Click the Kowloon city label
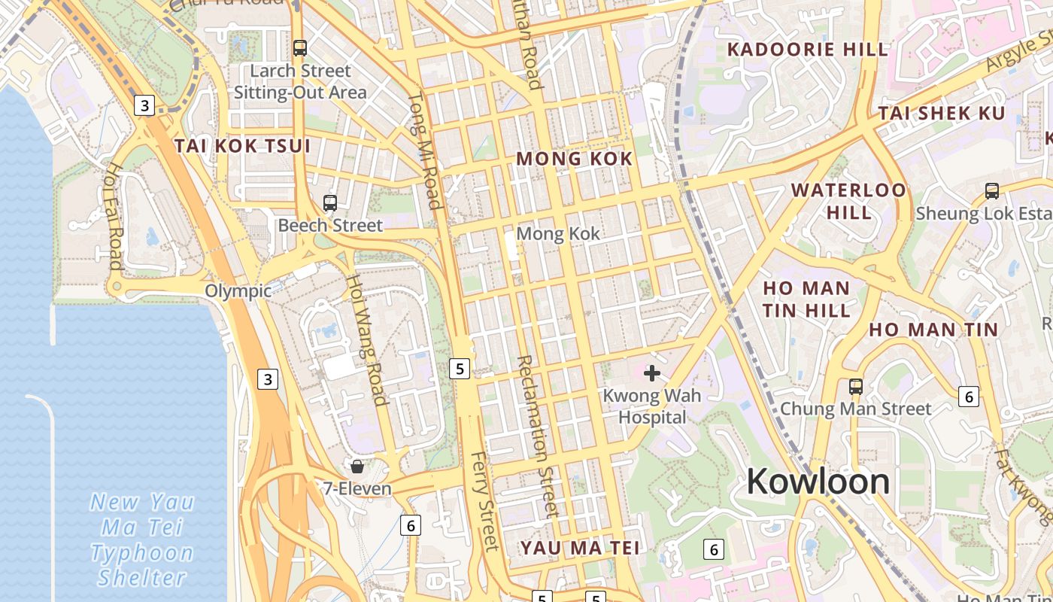[818, 482]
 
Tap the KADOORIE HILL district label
[808, 50]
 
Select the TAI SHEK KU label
[942, 114]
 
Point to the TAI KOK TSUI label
[242, 146]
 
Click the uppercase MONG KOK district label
[575, 159]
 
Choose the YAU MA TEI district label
[580, 547]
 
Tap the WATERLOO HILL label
[849, 201]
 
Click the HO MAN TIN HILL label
[806, 299]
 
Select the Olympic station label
[238, 291]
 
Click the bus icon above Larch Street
[300, 48]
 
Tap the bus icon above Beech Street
[329, 202]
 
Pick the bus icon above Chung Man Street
[855, 387]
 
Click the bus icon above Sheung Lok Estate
[991, 191]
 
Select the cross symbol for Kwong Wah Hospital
[652, 372]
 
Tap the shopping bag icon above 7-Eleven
[357, 467]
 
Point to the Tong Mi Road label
[424, 150]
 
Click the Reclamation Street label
[537, 436]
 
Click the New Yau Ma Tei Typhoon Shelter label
[142, 540]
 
